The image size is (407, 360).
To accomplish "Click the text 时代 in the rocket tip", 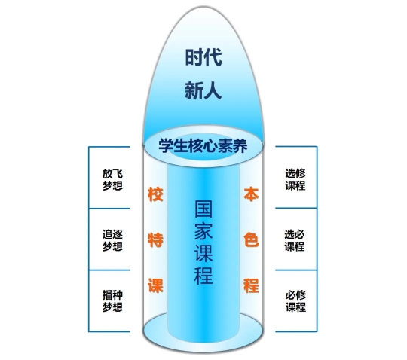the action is [x=203, y=57].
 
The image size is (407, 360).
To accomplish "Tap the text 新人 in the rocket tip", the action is [x=203, y=90].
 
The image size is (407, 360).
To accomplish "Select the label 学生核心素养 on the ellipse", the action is [x=203, y=145].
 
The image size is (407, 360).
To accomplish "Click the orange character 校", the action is [x=155, y=194].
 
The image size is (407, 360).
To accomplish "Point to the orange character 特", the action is [x=155, y=240].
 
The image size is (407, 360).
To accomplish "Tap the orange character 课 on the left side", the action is [x=155, y=286].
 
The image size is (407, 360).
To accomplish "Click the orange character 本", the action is [x=251, y=194].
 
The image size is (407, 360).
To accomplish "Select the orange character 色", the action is [x=251, y=240].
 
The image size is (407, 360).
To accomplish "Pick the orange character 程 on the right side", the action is [x=251, y=286].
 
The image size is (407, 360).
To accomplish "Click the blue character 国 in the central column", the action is [x=203, y=209].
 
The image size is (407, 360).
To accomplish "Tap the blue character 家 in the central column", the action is [x=203, y=231].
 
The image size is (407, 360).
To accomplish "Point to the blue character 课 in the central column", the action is [x=203, y=253].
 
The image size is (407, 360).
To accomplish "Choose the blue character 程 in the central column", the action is [x=203, y=276].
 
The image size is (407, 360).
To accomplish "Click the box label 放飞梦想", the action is [x=112, y=180].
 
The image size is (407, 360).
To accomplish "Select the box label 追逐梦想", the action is [x=112, y=240].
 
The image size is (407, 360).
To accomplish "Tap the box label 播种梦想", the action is [x=112, y=301].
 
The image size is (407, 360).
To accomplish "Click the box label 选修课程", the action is [x=295, y=179].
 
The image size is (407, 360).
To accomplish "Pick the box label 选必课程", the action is [x=295, y=240].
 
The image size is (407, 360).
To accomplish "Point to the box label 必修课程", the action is [x=295, y=301].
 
